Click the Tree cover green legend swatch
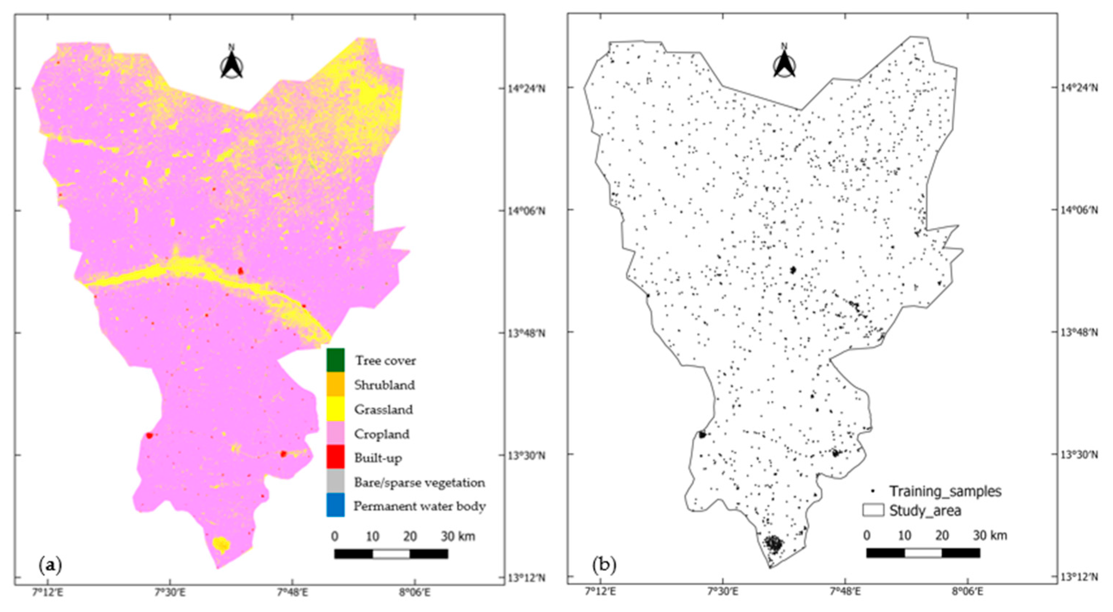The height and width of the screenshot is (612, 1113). pos(335,360)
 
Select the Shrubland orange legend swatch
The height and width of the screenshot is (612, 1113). pos(335,384)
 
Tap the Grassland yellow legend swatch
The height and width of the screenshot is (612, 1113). pos(335,408)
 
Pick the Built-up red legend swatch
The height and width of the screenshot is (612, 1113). pos(335,457)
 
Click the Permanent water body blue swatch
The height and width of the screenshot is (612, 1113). pos(335,505)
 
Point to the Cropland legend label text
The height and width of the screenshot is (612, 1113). pos(381,434)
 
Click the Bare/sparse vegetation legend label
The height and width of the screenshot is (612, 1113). pos(419,482)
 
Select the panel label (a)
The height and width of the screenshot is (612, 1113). pos(51,564)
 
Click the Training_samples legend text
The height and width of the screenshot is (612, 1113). pos(945,491)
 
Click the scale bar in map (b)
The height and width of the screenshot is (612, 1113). pos(923,553)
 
